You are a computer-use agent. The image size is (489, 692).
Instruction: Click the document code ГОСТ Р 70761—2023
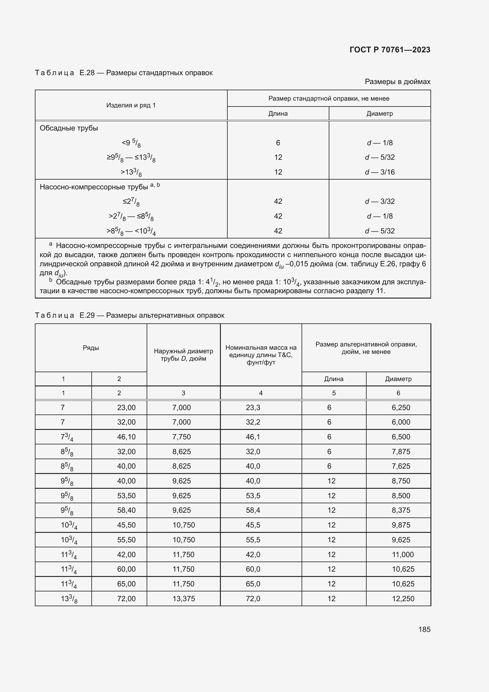(x=390, y=50)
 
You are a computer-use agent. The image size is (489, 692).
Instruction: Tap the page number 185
(x=424, y=629)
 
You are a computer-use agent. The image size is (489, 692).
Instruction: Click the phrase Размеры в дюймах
(x=397, y=82)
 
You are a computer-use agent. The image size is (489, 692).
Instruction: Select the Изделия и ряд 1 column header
(x=131, y=105)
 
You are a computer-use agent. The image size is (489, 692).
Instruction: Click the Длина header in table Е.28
(x=278, y=114)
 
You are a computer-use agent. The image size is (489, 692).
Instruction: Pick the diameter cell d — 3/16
(x=379, y=172)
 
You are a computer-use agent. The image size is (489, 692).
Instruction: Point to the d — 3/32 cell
(x=379, y=201)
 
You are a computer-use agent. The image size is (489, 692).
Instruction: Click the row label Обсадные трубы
(x=69, y=128)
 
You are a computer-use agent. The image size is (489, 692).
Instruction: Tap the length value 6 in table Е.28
(x=278, y=143)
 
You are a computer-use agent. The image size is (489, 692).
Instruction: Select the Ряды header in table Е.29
(x=91, y=348)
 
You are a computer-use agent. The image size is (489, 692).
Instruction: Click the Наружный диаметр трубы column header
(x=183, y=355)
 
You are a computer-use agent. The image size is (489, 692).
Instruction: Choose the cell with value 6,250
(x=401, y=407)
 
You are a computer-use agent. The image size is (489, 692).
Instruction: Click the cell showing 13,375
(x=183, y=599)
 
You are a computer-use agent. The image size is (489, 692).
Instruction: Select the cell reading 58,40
(x=126, y=510)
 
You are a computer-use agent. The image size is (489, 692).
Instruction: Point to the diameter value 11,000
(x=403, y=554)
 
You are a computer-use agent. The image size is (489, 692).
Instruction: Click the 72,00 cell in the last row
(x=126, y=599)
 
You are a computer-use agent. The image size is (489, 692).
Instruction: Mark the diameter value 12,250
(x=403, y=599)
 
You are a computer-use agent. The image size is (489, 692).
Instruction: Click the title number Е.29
(x=87, y=315)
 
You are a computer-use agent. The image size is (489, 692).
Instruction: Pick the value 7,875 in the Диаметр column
(x=401, y=451)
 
